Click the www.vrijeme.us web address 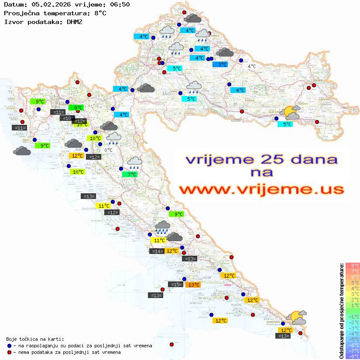pyautogui.click(x=261, y=189)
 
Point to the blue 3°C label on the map pyautogui.click(x=220, y=65)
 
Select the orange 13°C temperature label pyautogui.click(x=192, y=285)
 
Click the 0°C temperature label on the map pyautogui.click(x=108, y=150)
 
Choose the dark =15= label pyautogui.click(x=176, y=285)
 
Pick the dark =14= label pyautogui.click(x=157, y=251)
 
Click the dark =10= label pyautogui.click(x=67, y=118)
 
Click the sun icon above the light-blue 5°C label pyautogui.click(x=290, y=113)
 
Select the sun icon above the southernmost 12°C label pyautogui.click(x=295, y=317)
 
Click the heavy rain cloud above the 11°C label pyautogui.click(x=163, y=226)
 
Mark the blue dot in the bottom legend pyautogui.click(x=9, y=346)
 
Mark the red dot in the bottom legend pyautogui.click(x=9, y=352)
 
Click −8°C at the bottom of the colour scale pyautogui.click(x=352, y=357)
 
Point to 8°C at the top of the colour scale pyautogui.click(x=352, y=266)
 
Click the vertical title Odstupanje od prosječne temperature pyautogui.click(x=341, y=311)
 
